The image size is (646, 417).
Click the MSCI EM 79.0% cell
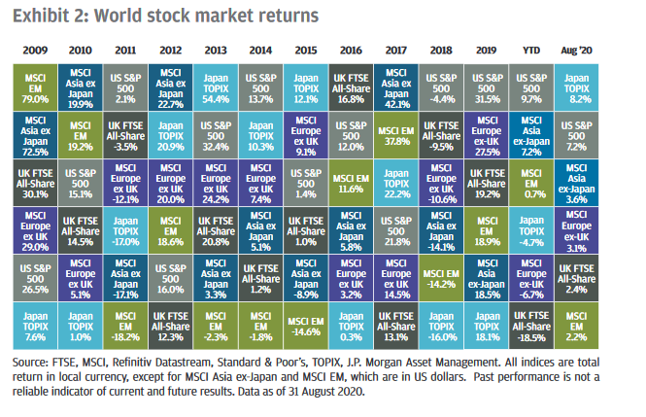pos(36,85)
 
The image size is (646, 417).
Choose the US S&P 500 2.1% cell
pos(125,85)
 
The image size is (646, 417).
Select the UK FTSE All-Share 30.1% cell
pos(36,180)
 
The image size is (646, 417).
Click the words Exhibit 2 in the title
pos(45,16)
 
